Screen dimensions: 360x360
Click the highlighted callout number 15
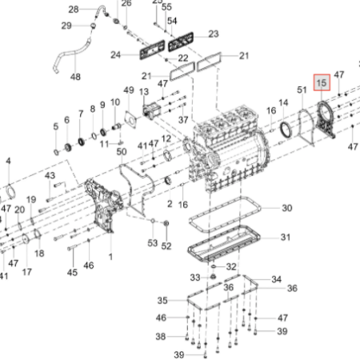point(322,82)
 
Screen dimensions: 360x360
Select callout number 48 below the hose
point(75,77)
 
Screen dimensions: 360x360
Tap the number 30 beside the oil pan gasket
point(287,208)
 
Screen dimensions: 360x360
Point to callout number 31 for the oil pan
point(286,237)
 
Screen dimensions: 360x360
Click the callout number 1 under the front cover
point(110,257)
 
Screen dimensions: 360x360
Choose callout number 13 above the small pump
point(144,92)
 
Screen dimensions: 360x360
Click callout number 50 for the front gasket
point(122,152)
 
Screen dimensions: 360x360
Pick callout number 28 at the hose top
point(74,10)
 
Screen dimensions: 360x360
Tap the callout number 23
point(214,34)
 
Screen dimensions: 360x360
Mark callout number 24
point(115,55)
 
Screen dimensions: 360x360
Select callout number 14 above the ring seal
point(283,102)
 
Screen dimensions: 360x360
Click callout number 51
point(302,90)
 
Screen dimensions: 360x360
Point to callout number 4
point(8,161)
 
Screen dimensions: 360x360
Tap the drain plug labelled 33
point(213,277)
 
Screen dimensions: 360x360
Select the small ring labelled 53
point(153,221)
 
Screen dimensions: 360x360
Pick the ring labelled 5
point(56,152)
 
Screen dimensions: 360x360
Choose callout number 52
point(166,246)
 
